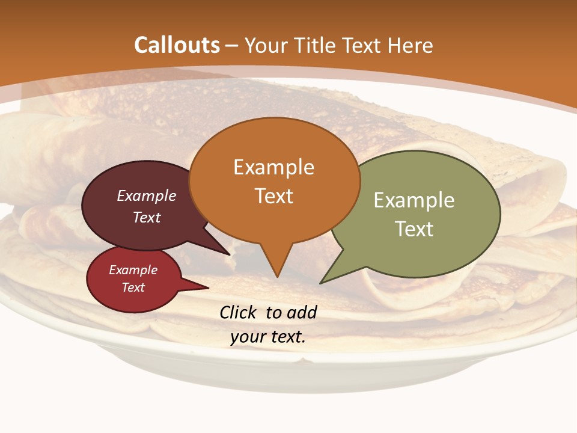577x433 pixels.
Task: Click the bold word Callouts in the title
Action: [x=177, y=45]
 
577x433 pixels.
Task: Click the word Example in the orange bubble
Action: [x=273, y=167]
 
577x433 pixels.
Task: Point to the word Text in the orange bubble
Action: [x=273, y=196]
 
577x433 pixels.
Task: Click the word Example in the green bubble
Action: [x=414, y=200]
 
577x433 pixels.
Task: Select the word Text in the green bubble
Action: [x=414, y=229]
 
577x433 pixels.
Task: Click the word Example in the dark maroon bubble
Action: [x=147, y=195]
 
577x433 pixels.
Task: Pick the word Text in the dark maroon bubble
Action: [x=147, y=217]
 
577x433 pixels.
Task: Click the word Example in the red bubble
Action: [x=133, y=270]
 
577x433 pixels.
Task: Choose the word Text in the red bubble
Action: [x=133, y=287]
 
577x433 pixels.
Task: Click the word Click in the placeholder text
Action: [x=238, y=312]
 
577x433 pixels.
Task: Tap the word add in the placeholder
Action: [x=302, y=312]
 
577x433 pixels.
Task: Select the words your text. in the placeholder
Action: [x=268, y=337]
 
